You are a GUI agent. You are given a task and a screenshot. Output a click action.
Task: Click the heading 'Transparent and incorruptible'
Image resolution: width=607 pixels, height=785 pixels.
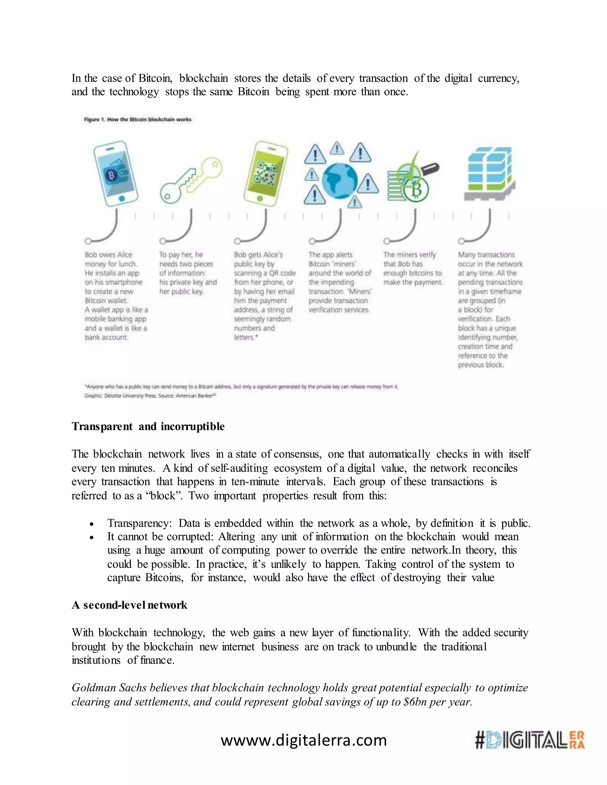pyautogui.click(x=148, y=427)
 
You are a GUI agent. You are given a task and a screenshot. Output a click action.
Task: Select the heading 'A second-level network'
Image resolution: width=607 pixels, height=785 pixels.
pyautogui.click(x=130, y=605)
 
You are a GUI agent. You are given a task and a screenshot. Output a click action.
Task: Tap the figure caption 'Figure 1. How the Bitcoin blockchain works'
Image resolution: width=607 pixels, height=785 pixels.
pyautogui.click(x=138, y=120)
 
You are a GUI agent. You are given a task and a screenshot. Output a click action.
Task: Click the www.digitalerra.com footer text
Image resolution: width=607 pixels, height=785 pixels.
pyautogui.click(x=303, y=741)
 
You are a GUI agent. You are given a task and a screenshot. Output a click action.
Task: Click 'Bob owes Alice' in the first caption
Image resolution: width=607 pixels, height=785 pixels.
pyautogui.click(x=108, y=255)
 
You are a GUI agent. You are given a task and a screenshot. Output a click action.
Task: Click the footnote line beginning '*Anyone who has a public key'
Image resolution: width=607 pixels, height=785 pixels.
pyautogui.click(x=241, y=387)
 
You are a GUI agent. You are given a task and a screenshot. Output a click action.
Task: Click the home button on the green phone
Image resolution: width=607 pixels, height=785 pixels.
pyautogui.click(x=260, y=198)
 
